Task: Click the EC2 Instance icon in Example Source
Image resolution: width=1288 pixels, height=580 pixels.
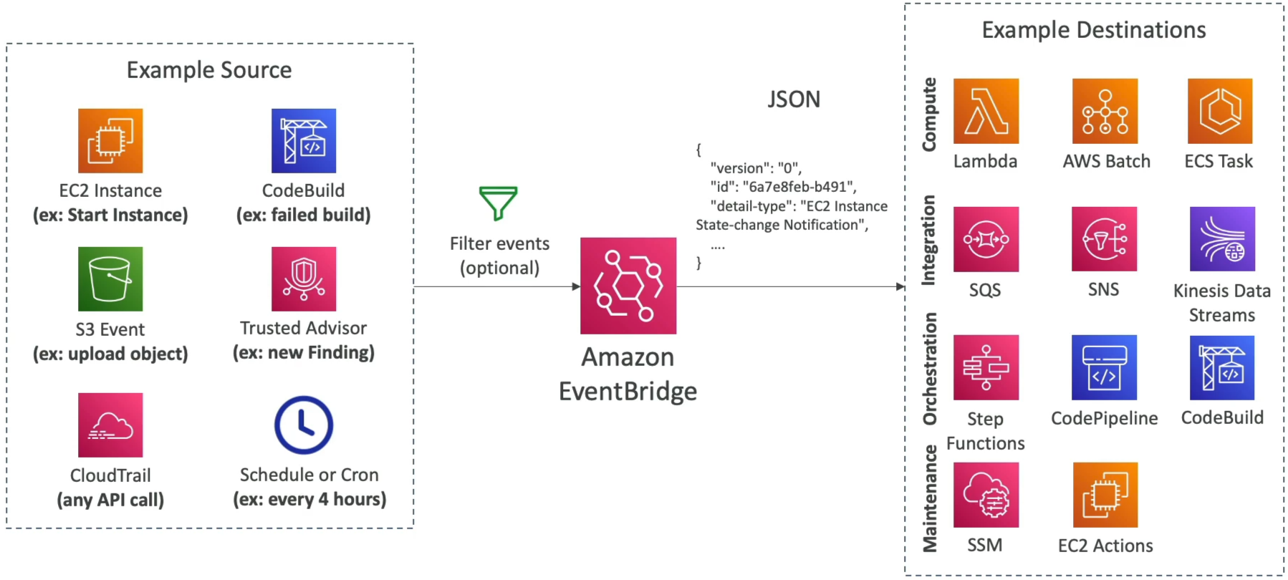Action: pos(110,140)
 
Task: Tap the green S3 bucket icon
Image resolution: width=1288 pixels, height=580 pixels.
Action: pos(110,279)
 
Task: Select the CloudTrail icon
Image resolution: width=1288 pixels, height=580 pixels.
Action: pos(110,425)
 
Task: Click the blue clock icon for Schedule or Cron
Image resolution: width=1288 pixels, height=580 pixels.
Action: pos(304,425)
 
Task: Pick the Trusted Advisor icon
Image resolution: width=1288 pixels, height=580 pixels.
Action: pos(304,279)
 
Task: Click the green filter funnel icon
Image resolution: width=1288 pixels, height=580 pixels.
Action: pos(498,203)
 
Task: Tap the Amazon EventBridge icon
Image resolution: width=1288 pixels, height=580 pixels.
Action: pos(628,286)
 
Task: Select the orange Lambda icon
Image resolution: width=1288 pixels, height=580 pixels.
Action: pos(986,111)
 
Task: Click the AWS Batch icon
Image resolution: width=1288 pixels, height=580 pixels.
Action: pos(1105,111)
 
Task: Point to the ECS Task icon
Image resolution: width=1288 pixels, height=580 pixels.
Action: pos(1220,111)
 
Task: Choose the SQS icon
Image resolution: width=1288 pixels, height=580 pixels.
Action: pos(986,239)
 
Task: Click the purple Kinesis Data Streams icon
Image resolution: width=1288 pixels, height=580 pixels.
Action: pos(1222,239)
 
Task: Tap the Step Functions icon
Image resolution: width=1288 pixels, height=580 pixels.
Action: pos(986,367)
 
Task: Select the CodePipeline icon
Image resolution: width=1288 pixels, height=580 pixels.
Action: pos(1104,367)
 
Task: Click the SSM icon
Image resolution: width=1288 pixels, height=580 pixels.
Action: pos(986,495)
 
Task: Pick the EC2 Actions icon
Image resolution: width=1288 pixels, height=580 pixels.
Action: pos(1105,495)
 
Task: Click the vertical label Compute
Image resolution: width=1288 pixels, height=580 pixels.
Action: pos(929,115)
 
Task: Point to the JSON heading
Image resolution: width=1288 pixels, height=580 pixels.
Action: pos(794,99)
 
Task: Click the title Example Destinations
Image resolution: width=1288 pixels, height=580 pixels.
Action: pos(1094,30)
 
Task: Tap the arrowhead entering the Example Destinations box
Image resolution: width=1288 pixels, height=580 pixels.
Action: pos(900,286)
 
